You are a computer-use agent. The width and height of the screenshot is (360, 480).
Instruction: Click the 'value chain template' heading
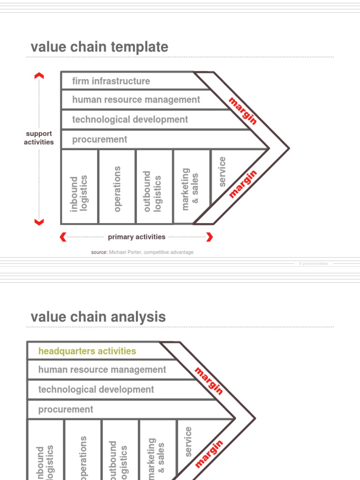(x=99, y=47)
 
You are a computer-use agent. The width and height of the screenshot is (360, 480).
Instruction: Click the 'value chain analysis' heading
(x=98, y=317)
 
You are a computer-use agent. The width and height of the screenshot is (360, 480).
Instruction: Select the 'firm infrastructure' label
(x=111, y=81)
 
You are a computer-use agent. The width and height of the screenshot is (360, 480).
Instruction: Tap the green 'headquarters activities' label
(x=87, y=351)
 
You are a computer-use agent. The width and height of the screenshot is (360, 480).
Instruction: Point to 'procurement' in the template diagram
(x=99, y=139)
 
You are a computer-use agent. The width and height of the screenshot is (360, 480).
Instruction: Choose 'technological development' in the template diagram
(x=130, y=120)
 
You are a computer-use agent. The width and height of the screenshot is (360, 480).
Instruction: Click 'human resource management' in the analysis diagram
(x=102, y=370)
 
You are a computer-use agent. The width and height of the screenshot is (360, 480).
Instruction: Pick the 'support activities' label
(x=39, y=138)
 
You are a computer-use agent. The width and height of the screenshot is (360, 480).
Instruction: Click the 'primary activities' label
(x=136, y=237)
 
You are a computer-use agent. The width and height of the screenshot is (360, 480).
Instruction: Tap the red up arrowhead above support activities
(x=39, y=75)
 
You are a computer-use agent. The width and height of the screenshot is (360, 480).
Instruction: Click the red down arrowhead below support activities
(x=39, y=222)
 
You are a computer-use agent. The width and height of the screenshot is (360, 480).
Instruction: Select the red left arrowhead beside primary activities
(x=63, y=237)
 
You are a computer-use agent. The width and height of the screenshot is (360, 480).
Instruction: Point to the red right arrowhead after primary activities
(x=210, y=237)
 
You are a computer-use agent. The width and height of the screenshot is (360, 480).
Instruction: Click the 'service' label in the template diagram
(x=222, y=172)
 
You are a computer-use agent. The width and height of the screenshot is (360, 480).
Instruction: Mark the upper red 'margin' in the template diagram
(x=243, y=111)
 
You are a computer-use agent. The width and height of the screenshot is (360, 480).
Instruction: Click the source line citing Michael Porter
(x=142, y=252)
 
